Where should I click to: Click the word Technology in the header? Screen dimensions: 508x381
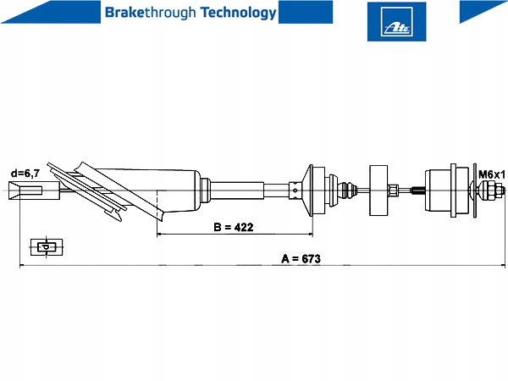pos(235,13)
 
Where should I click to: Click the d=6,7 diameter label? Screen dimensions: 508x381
pos(25,174)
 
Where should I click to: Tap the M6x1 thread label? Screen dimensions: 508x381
pos(490,174)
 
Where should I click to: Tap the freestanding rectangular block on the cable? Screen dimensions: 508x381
pos(378,191)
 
